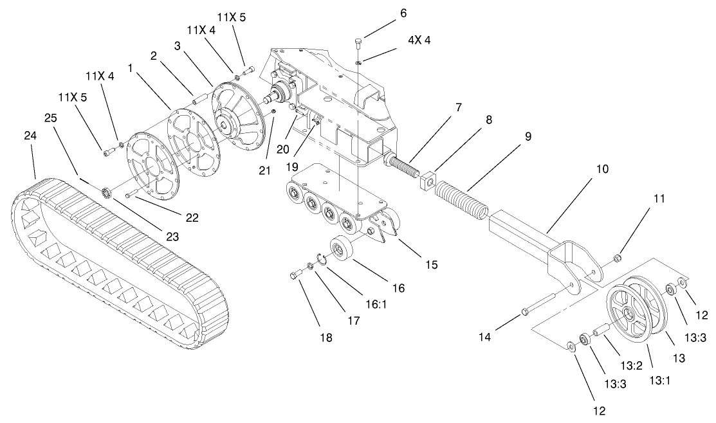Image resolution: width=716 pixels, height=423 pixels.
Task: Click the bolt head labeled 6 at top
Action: [358, 43]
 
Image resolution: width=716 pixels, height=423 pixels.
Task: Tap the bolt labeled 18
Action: [296, 276]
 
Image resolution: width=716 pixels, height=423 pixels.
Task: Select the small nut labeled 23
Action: [107, 191]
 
